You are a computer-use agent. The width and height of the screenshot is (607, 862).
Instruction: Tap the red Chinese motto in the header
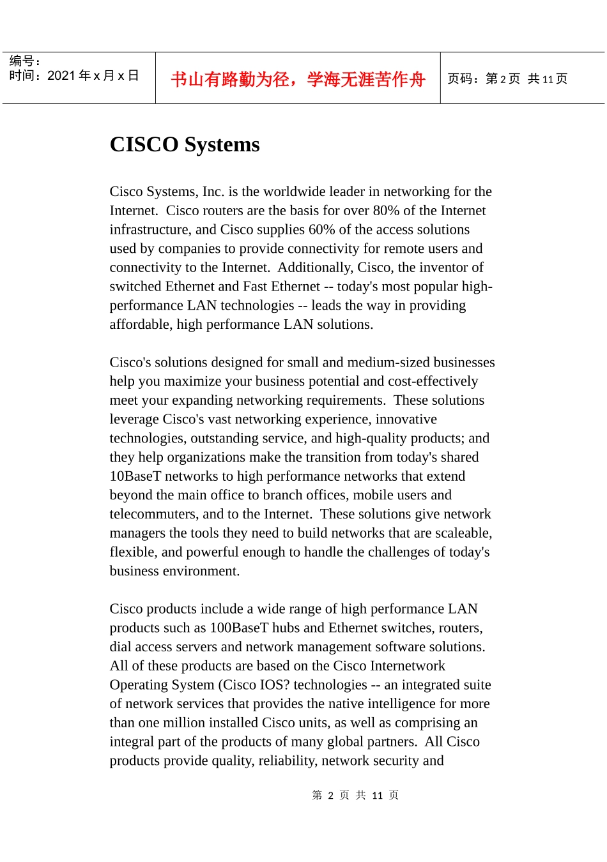[298, 79]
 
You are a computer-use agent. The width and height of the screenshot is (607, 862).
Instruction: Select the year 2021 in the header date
[61, 76]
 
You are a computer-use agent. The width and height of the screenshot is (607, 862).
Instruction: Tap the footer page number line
[355, 795]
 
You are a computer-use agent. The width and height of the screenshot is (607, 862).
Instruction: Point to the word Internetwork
[407, 666]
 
